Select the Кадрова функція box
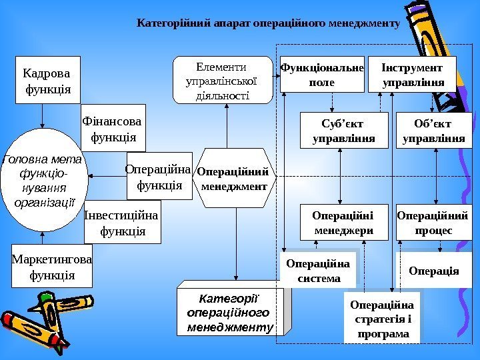[x=43, y=81]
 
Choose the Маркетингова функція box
[x=52, y=266]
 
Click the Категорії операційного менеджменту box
[x=231, y=311]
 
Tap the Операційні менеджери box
[x=343, y=223]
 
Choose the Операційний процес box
[x=433, y=223]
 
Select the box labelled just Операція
[x=434, y=270]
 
